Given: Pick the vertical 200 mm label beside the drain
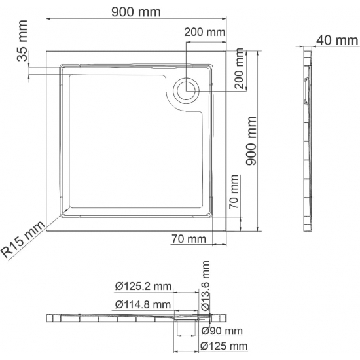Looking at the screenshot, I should click(240, 70).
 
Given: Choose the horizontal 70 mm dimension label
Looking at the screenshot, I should click(188, 240).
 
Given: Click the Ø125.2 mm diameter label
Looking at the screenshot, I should click(142, 286).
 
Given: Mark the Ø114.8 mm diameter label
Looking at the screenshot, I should click(142, 304).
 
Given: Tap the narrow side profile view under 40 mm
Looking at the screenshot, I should click(309, 141).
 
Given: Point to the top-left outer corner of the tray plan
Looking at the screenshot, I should click(47, 47).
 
